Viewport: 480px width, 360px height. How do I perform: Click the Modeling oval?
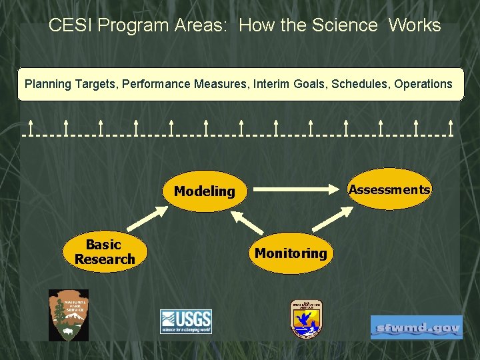[205, 191]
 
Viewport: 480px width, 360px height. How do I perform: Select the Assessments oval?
[389, 189]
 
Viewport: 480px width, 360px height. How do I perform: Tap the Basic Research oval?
[104, 252]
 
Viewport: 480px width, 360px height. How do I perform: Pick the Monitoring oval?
[291, 253]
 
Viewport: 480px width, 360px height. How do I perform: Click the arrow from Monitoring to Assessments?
[336, 221]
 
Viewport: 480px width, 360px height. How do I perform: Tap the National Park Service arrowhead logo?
[68, 315]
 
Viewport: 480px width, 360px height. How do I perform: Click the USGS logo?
[185, 321]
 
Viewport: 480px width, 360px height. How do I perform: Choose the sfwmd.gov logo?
[416, 328]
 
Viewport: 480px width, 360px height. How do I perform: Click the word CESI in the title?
[73, 26]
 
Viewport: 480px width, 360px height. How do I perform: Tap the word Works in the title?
[414, 26]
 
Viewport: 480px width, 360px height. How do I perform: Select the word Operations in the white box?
[423, 84]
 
